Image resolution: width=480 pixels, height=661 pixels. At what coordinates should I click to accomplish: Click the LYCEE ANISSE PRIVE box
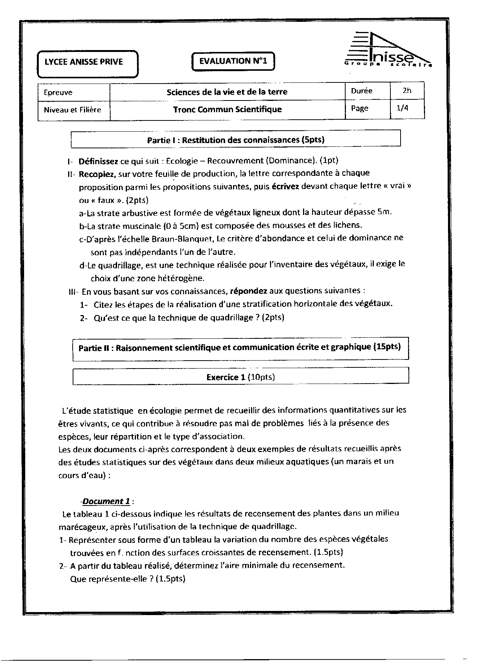87,62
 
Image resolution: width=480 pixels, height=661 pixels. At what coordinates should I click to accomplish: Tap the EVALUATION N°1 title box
233,61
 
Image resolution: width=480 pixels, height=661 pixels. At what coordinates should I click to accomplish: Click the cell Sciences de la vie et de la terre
227,92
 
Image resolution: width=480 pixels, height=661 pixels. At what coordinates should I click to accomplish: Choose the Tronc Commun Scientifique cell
227,110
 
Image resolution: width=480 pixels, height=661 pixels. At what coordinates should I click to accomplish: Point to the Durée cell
361,91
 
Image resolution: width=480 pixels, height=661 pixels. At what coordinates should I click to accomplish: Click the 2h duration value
407,91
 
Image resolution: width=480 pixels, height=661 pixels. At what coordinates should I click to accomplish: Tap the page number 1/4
402,108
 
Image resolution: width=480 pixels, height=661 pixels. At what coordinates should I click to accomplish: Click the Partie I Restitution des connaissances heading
236,140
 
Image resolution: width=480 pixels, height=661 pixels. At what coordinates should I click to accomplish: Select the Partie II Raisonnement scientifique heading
240,347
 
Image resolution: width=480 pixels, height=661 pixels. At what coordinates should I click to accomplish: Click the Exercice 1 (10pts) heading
241,377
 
